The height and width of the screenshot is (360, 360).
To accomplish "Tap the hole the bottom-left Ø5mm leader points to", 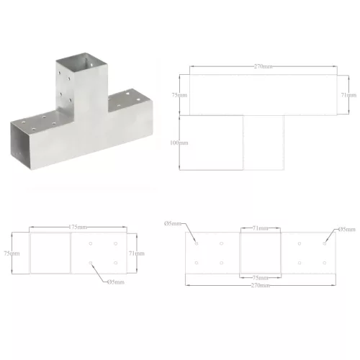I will pyautogui.click(x=91, y=264).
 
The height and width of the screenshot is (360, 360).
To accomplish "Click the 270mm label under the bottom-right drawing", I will pyautogui.click(x=261, y=286).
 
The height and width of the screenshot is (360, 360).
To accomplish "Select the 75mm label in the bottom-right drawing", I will pyautogui.click(x=261, y=277).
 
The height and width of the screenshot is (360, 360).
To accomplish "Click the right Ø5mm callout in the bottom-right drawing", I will pyautogui.click(x=347, y=230).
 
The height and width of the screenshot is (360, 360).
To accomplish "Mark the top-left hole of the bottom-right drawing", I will pyautogui.click(x=197, y=243).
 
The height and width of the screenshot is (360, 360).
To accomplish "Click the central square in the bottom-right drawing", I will pyautogui.click(x=261, y=251).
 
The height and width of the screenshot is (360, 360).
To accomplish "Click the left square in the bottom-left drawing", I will pyautogui.click(x=50, y=253).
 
